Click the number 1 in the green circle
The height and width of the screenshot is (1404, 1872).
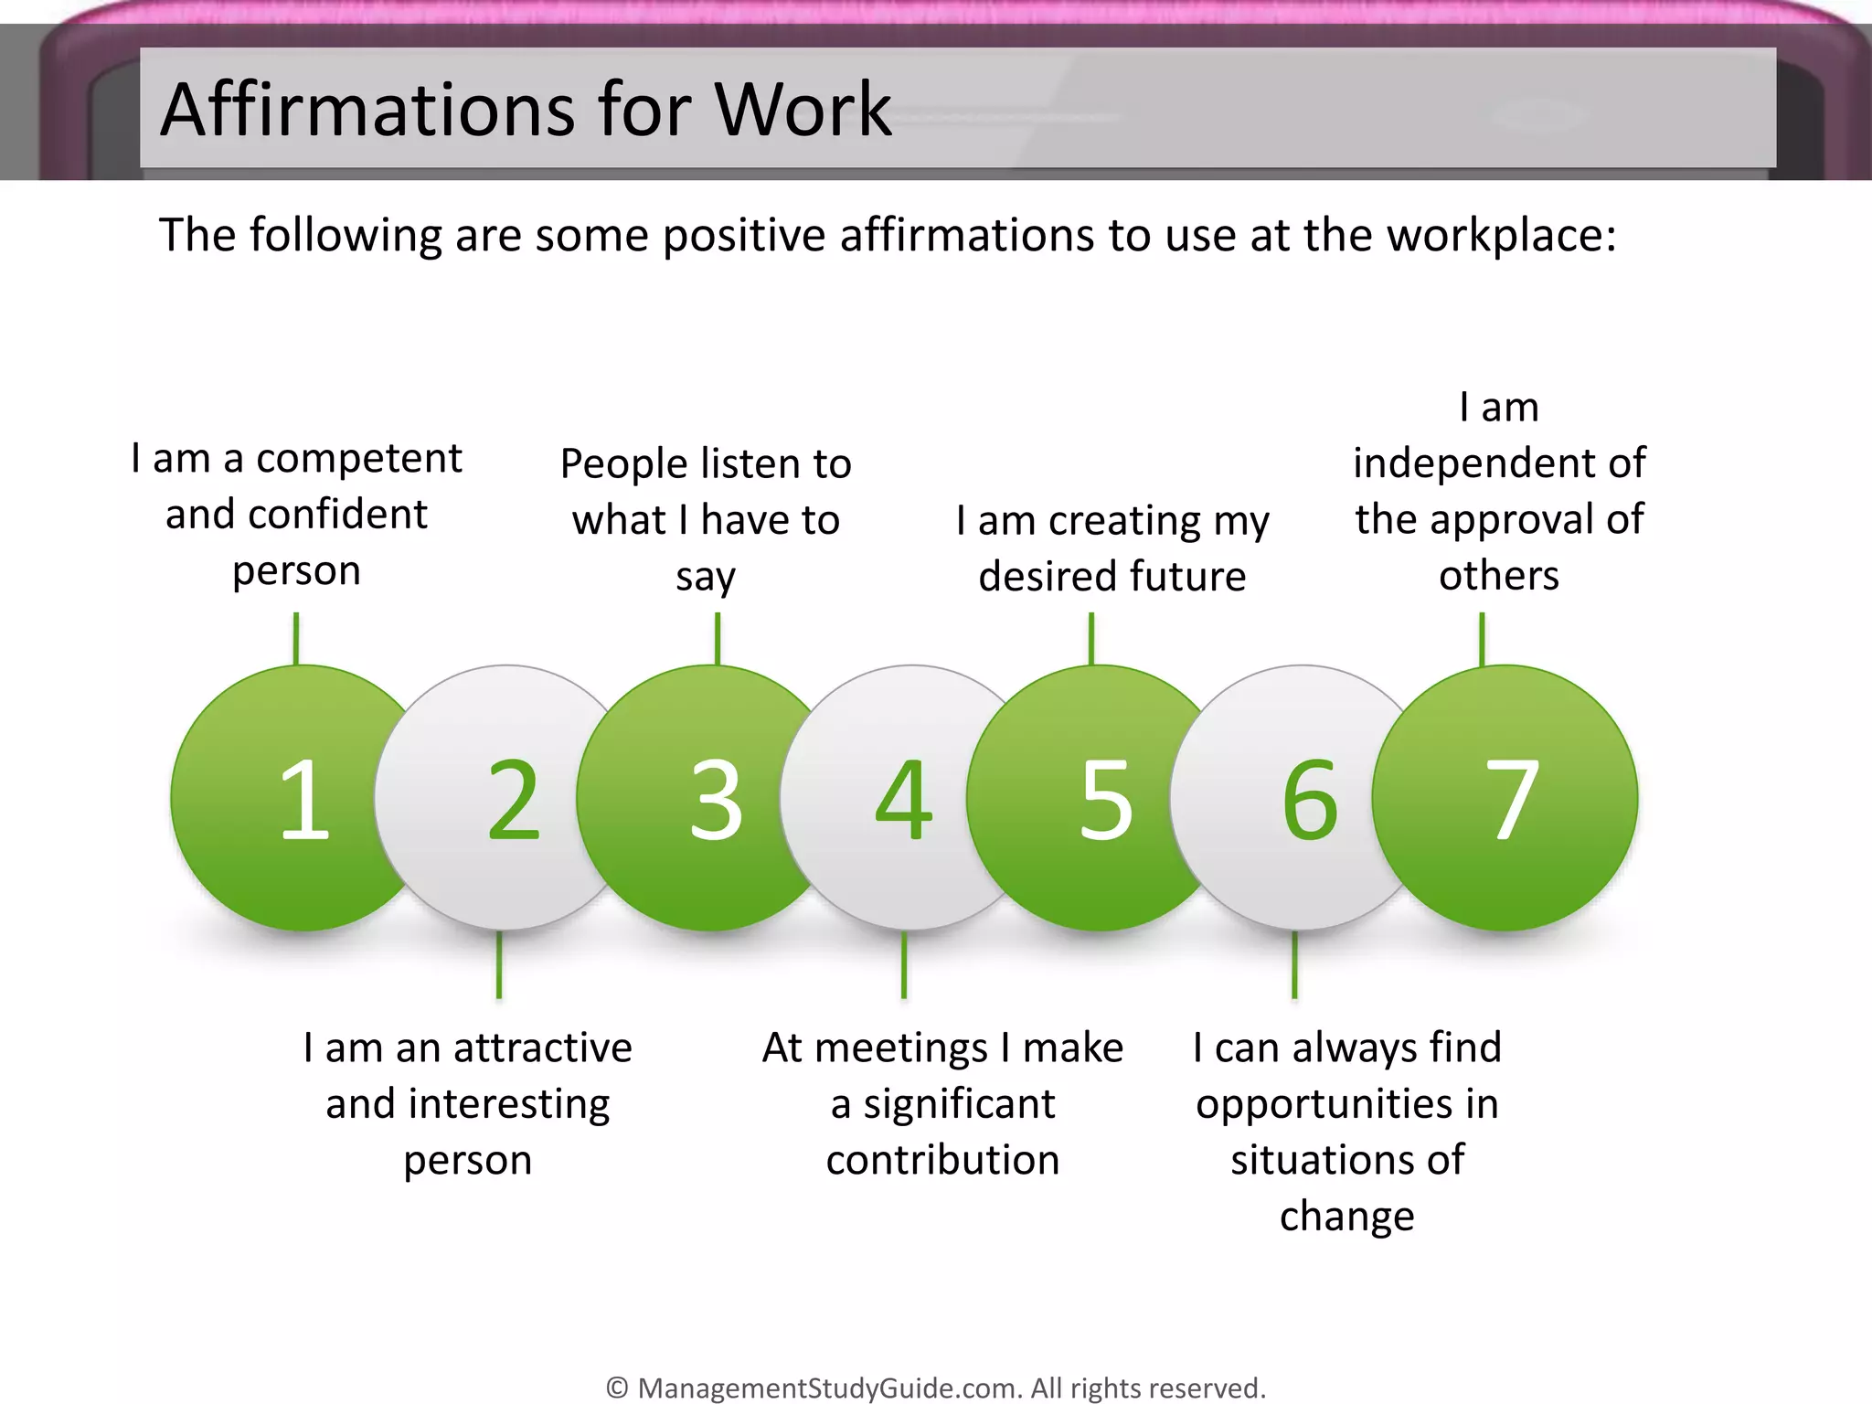click(x=304, y=799)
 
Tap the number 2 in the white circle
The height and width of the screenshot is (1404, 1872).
click(x=513, y=800)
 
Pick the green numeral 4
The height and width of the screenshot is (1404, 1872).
click(x=904, y=800)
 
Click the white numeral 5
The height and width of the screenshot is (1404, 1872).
click(x=1106, y=800)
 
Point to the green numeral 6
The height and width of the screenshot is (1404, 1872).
click(x=1310, y=800)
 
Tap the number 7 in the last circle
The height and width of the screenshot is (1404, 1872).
click(x=1512, y=800)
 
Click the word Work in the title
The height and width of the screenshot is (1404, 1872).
click(x=803, y=110)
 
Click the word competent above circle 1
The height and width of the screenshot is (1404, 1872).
click(x=358, y=459)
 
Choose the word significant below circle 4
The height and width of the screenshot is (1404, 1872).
click(x=959, y=1104)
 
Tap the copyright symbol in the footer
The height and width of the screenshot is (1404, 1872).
click(x=618, y=1388)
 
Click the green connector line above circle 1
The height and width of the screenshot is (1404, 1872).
click(x=296, y=638)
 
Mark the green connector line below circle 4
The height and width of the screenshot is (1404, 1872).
click(x=904, y=964)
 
